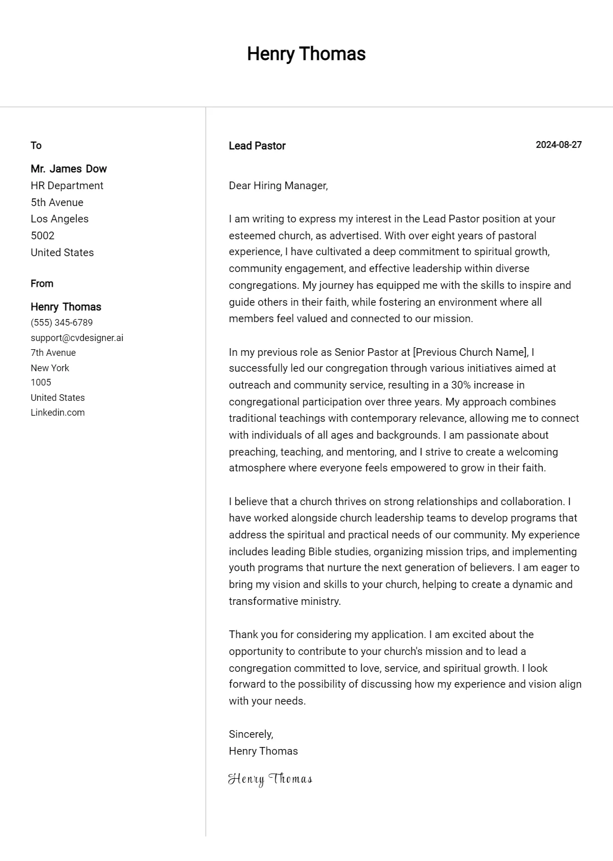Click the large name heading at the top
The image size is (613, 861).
[306, 54]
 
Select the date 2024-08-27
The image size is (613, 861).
[558, 145]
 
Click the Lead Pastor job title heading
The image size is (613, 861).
[257, 146]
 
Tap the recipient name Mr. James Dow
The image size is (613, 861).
[68, 169]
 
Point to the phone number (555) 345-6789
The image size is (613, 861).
[61, 323]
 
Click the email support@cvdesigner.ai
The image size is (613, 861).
[77, 338]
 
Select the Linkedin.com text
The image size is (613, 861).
[57, 413]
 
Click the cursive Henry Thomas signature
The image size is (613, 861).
[270, 779]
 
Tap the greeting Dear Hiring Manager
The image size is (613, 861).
[278, 186]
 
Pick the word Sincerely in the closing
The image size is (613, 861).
[250, 734]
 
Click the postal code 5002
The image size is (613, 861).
[42, 236]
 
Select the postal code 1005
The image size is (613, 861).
[41, 382]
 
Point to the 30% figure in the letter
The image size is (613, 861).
[461, 385]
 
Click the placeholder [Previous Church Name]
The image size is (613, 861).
[470, 352]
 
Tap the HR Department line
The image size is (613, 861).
[67, 186]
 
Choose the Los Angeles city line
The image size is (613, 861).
[59, 219]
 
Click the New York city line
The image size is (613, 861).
[50, 368]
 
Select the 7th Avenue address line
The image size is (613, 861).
[53, 353]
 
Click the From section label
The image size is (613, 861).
[42, 284]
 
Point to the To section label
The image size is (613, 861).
[36, 146]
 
